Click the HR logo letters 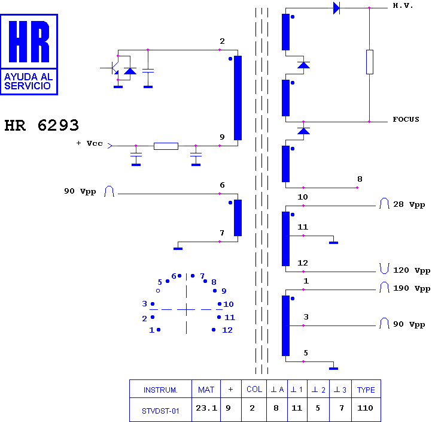pos(29,41)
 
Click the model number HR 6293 pos(42,125)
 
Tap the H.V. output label pos(403,5)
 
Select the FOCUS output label pos(406,119)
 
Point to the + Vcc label pos(89,143)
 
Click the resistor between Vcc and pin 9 pos(166,146)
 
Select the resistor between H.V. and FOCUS pos(369,62)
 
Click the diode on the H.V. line pos(336,8)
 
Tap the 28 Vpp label pos(409,204)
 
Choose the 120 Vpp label pos(412,270)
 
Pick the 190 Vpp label pos(412,288)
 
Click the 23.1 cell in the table pos(206,408)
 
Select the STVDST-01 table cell pos(160,411)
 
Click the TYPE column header pos(366,390)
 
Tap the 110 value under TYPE pos(365,408)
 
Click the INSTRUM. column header pos(160,390)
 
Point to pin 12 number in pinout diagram pos(227,330)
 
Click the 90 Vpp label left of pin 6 pos(80,191)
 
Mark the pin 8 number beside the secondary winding pos(360,179)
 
